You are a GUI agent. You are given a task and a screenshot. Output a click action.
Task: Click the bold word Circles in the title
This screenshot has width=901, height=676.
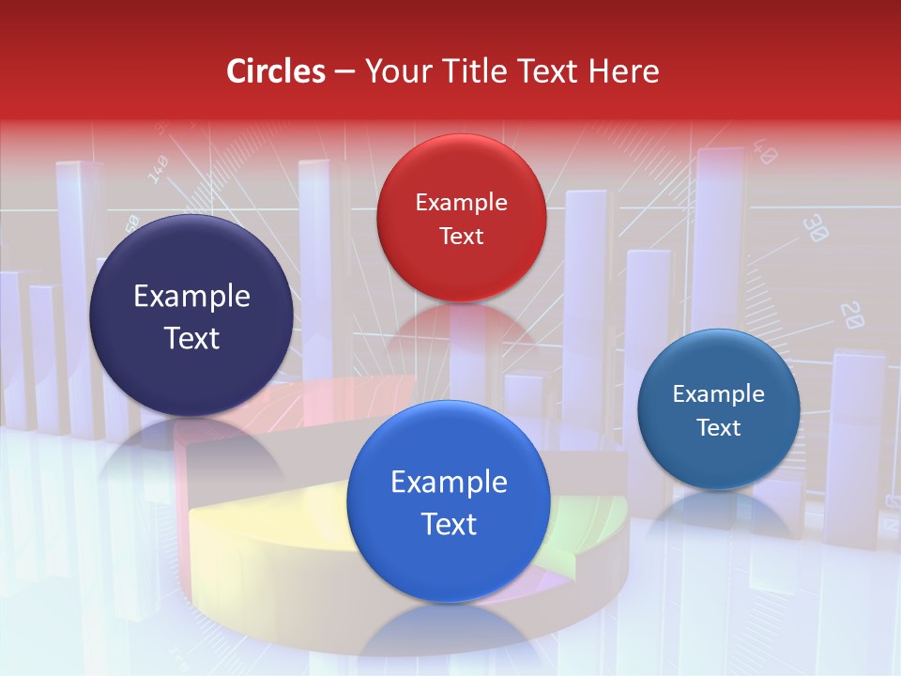point(275,71)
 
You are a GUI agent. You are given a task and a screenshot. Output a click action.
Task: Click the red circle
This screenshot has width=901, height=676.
point(461,218)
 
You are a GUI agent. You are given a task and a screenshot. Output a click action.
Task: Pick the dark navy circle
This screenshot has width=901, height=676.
point(191,315)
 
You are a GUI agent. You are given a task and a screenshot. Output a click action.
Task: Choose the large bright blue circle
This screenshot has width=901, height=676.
point(449,501)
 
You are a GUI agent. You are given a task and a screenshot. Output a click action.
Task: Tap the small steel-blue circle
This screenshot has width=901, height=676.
point(719,409)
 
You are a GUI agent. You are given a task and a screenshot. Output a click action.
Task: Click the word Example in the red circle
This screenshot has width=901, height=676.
point(461,202)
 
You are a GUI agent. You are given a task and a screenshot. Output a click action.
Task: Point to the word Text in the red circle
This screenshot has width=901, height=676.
point(461,236)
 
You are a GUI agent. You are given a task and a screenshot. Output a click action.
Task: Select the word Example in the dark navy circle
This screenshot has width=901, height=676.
point(191,297)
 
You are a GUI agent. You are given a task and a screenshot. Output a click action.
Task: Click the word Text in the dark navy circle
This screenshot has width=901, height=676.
point(191,338)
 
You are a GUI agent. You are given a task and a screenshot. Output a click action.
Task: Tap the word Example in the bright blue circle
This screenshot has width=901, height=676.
point(449,483)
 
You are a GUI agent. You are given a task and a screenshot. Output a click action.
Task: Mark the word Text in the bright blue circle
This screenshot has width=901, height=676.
point(449,524)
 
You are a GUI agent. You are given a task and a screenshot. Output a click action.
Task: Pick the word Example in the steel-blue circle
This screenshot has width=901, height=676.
point(719,394)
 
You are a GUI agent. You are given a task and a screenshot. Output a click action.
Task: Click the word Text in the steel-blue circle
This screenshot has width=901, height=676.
point(719,428)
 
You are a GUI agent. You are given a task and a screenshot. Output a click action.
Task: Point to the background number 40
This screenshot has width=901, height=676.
point(763,153)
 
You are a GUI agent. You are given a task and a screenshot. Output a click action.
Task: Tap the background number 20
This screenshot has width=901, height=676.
point(850,315)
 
